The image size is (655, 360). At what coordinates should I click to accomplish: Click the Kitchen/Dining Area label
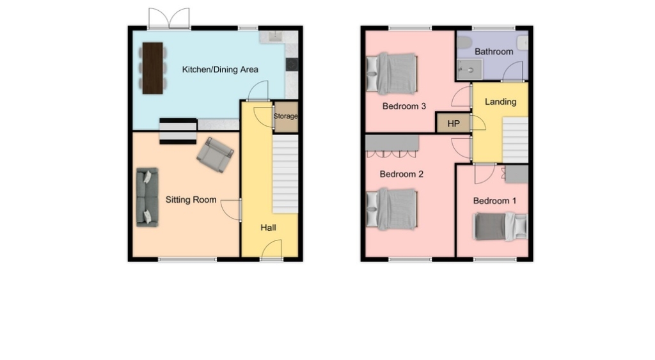click(x=220, y=70)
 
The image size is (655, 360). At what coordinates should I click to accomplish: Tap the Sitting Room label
click(x=191, y=200)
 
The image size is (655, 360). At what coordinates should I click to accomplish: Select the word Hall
click(x=268, y=228)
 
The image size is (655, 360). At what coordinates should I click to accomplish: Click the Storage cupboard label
click(x=286, y=116)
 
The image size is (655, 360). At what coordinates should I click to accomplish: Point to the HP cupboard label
click(x=454, y=123)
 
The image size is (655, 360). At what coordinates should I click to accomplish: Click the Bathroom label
click(x=494, y=52)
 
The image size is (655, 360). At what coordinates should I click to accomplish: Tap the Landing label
click(x=500, y=102)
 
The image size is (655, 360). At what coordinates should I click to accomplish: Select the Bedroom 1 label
click(x=494, y=201)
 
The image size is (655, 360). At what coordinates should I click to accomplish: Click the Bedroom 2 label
click(x=402, y=174)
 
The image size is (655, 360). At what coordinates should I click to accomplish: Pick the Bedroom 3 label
click(x=404, y=106)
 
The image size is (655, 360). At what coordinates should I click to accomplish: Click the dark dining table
click(x=152, y=68)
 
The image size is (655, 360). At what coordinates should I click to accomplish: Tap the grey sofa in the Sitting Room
click(x=148, y=198)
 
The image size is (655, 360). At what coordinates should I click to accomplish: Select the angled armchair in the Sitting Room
click(x=215, y=155)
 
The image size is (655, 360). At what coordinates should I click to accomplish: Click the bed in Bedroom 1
click(x=501, y=226)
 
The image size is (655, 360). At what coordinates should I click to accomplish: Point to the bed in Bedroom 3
click(x=392, y=74)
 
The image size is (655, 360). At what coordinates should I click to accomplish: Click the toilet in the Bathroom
click(x=464, y=42)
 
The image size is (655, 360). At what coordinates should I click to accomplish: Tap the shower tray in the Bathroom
click(x=470, y=69)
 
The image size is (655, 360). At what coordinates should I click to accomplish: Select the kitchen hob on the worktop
click(x=292, y=65)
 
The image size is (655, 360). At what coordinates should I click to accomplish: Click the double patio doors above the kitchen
click(x=169, y=19)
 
